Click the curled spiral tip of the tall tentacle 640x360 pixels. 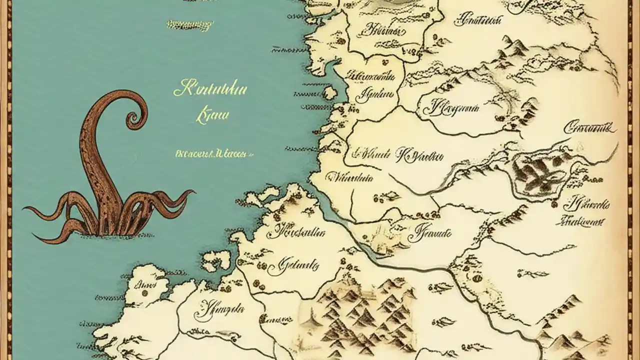pyautogui.click(x=133, y=118)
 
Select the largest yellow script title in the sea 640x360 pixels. pyautogui.click(x=210, y=90)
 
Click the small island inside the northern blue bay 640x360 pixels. pyautogui.click(x=329, y=93)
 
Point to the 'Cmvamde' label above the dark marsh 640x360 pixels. pyautogui.click(x=590, y=128)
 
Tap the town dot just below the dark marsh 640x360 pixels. pyautogui.click(x=554, y=204)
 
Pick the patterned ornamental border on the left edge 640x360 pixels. pyautogui.click(x=5, y=180)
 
